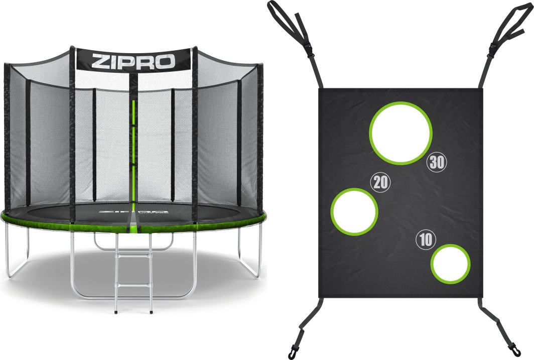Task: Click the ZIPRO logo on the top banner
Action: point(133,61)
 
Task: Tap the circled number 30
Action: point(436,162)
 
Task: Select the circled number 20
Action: point(380,182)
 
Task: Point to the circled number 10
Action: point(426,240)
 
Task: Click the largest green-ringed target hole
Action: point(400,133)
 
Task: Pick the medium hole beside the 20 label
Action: point(354,211)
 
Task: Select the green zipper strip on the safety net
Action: point(134,151)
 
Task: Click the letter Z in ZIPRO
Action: point(99,61)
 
